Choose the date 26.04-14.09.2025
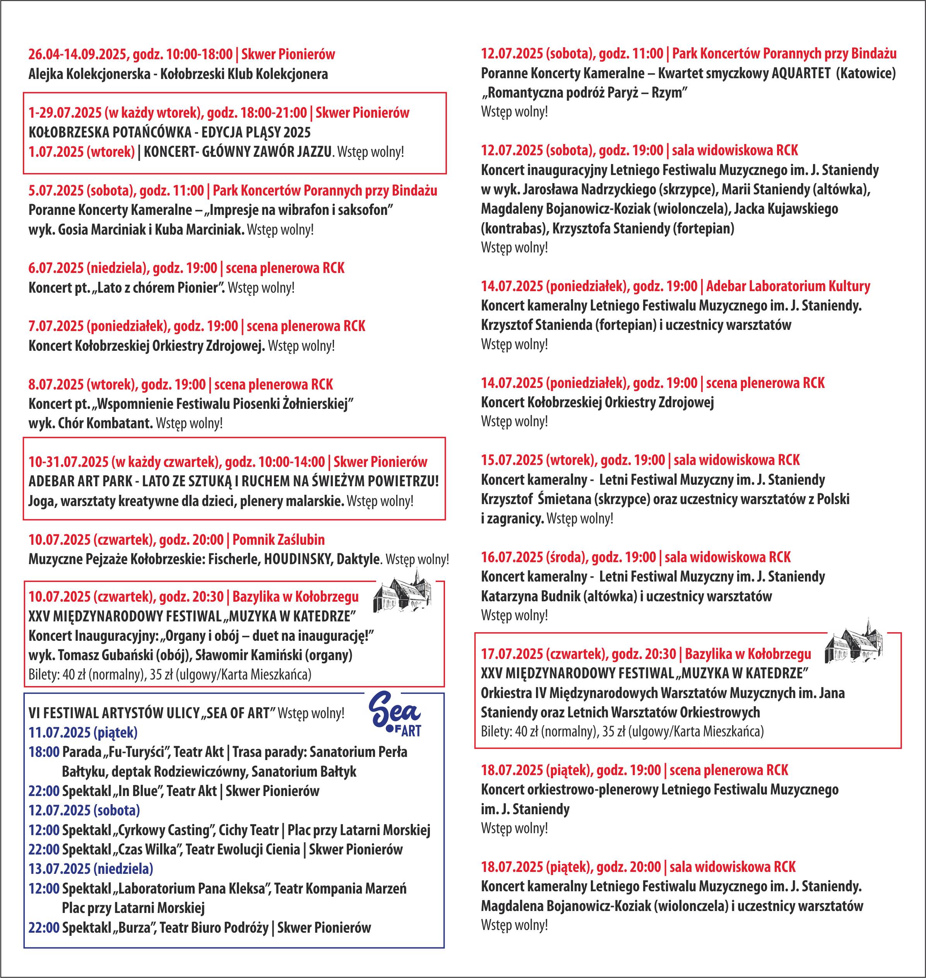tap(77, 54)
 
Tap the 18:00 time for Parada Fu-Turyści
tap(44, 752)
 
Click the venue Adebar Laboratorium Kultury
tap(788, 286)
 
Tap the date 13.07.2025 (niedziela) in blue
tap(91, 868)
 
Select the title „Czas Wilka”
tap(149, 849)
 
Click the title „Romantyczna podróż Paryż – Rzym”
tap(584, 93)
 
